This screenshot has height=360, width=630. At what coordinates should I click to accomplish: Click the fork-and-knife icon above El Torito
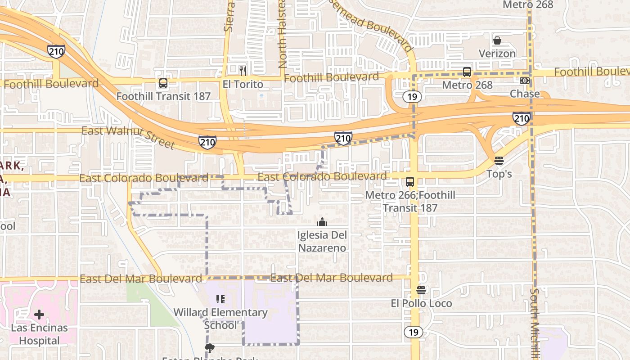243,71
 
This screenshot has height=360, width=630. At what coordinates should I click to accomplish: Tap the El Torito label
243,84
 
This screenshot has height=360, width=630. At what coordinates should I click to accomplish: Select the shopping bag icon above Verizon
497,41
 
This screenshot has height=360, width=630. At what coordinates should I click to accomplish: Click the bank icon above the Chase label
525,81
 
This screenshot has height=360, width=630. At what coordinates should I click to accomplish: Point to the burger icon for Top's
499,161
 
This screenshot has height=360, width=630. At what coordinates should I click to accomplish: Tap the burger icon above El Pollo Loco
421,290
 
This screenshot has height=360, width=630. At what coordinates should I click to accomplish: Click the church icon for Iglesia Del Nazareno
322,222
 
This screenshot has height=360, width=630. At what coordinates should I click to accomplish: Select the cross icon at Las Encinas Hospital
39,314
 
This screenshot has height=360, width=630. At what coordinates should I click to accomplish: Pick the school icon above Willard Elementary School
220,299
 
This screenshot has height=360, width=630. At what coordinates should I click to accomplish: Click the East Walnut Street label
128,137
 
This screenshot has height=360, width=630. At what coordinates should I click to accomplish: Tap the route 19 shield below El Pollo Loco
413,332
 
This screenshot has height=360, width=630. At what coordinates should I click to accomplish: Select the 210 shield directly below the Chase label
521,118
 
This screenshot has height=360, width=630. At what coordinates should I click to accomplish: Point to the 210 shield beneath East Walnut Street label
207,143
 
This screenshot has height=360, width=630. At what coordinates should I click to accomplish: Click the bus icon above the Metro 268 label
467,72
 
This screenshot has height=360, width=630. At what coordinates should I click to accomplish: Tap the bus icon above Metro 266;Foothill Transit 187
410,182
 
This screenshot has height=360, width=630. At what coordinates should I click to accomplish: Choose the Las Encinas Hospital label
39,334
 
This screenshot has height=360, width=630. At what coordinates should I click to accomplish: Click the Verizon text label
497,54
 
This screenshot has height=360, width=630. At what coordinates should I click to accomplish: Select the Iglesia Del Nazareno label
322,242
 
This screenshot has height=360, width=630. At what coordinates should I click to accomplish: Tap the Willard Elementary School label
220,319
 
